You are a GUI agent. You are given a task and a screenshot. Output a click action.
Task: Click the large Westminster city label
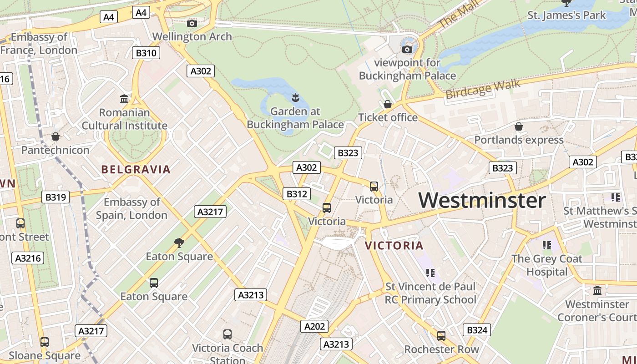pos(482,200)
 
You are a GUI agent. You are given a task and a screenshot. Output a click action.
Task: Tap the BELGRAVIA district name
pos(136,170)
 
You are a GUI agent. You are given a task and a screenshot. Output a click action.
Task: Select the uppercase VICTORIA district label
pos(394,246)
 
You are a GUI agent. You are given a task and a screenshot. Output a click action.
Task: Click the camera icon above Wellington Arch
pos(192,23)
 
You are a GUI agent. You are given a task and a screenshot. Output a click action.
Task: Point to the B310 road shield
pos(146,53)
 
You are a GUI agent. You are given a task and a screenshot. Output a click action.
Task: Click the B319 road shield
pos(56,197)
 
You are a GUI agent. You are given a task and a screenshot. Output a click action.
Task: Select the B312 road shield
pos(296,194)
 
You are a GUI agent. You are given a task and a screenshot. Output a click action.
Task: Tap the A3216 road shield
pos(28,258)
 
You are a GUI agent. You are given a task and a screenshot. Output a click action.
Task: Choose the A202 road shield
pos(314,326)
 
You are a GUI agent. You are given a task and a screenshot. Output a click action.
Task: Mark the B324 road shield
pos(477,330)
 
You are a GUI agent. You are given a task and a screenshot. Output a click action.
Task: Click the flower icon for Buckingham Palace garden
pos(295,97)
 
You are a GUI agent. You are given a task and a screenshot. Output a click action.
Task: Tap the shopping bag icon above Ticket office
pos(387,104)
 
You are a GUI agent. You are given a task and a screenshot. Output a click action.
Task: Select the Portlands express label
pos(519,140)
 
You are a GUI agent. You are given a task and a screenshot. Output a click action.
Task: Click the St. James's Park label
pos(566,15)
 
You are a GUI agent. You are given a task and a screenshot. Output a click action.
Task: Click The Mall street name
pos(457,15)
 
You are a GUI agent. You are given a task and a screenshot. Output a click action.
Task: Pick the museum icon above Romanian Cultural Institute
pos(124,99)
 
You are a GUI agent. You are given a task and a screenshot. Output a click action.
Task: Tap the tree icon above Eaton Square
pos(179,243)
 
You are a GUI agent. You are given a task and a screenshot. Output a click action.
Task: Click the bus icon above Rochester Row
pos(441,336)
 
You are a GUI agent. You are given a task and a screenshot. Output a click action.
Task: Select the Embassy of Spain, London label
pos(131,208)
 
